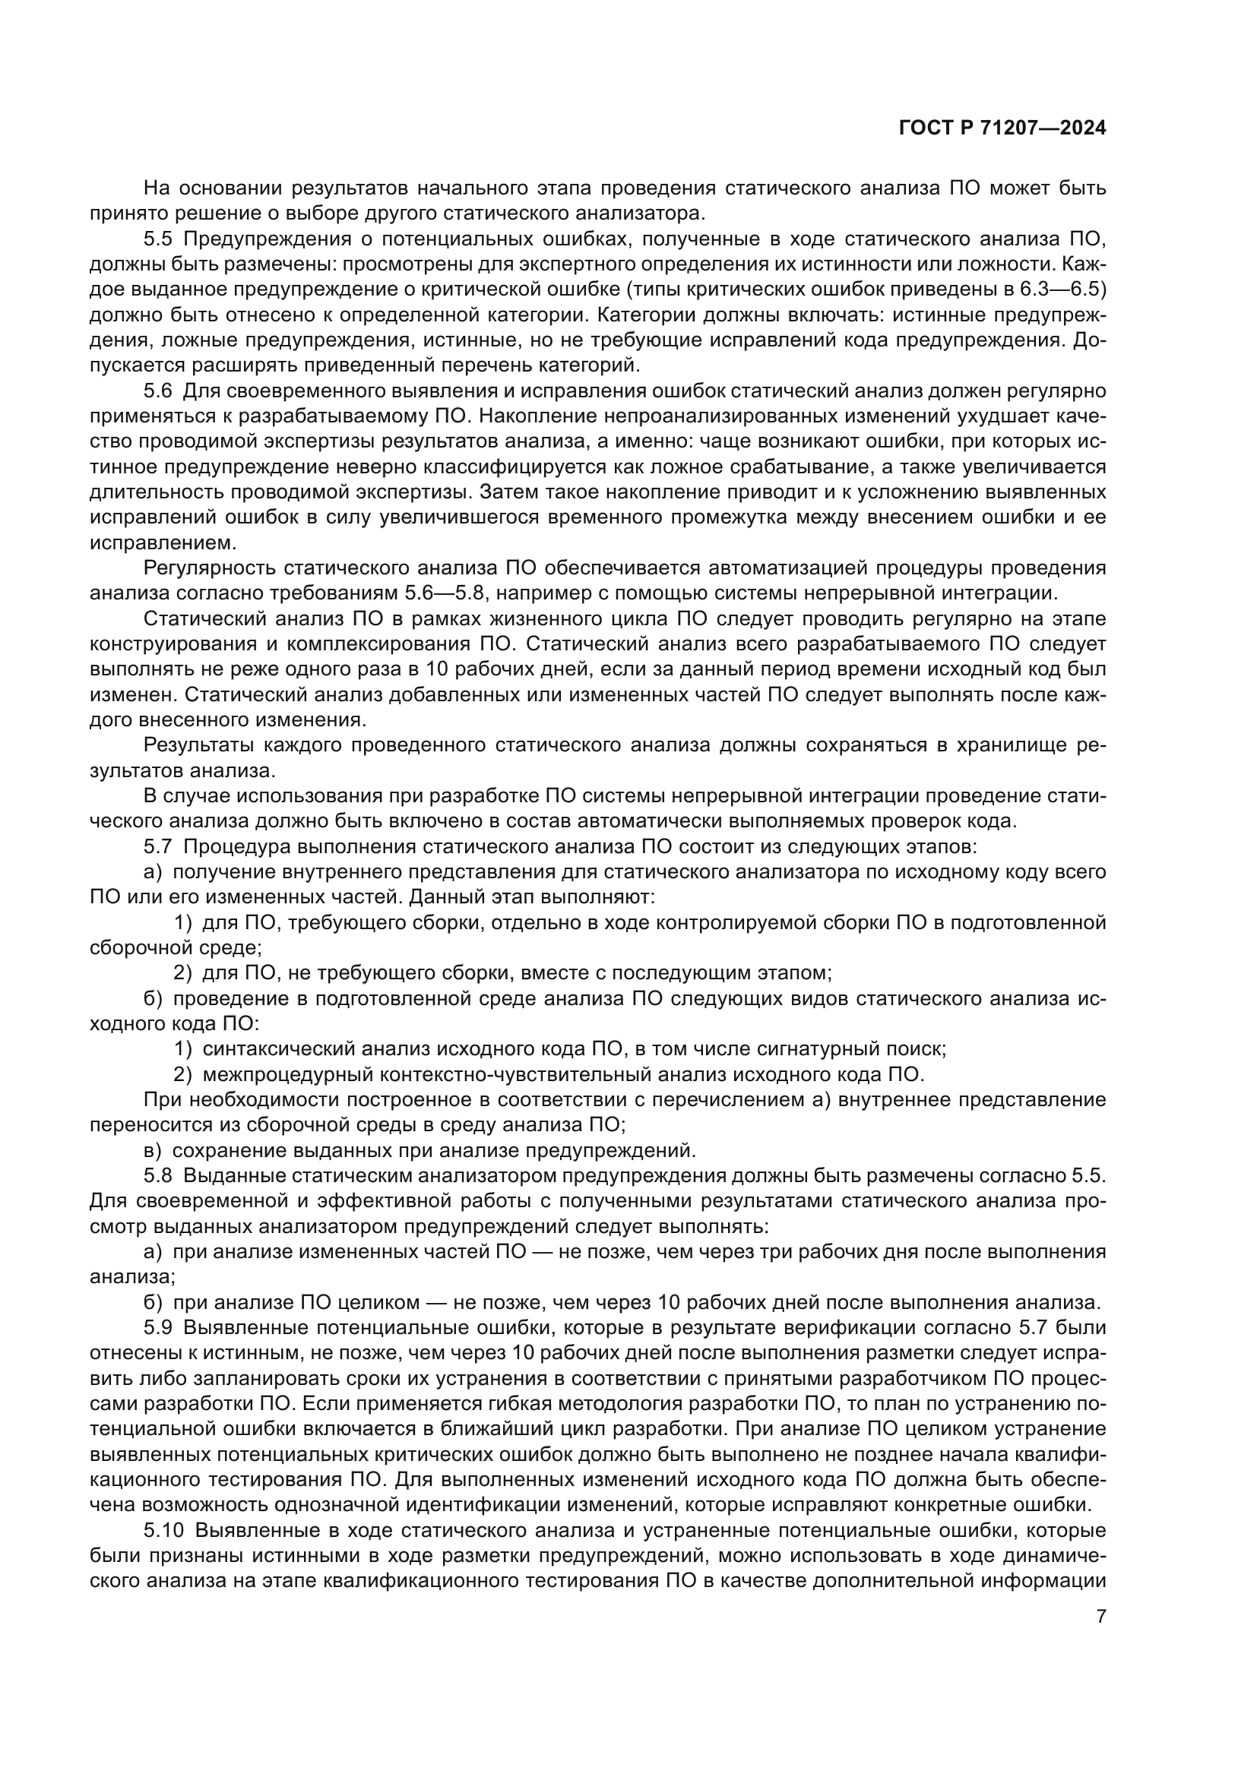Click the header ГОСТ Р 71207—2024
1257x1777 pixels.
coord(1002,128)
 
